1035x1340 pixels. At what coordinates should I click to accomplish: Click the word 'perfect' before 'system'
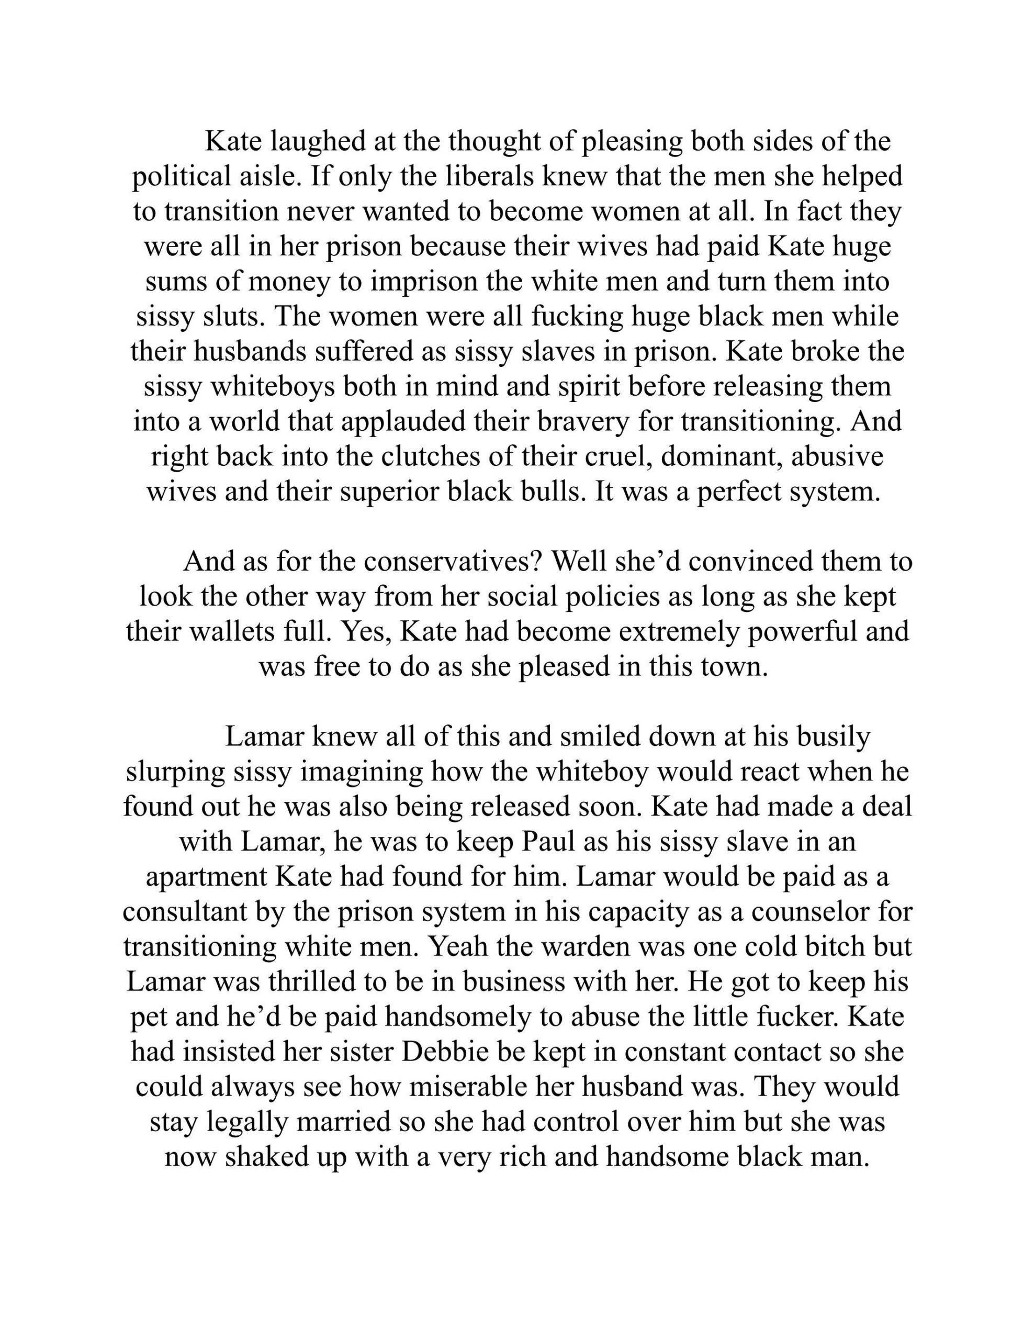(x=738, y=492)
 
